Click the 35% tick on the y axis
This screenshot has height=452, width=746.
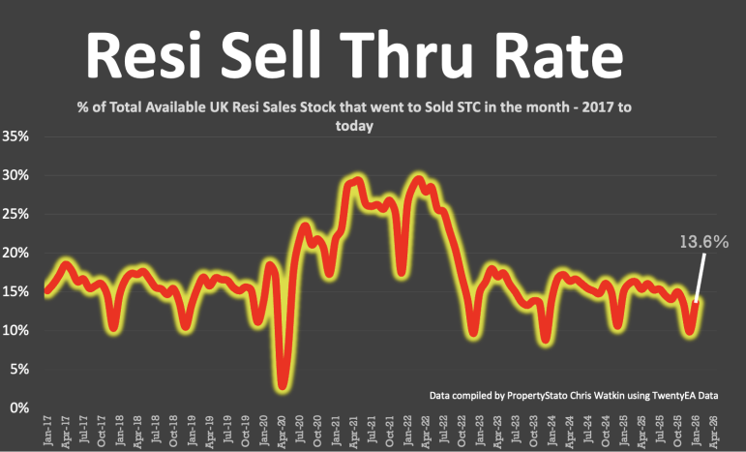pos(16,136)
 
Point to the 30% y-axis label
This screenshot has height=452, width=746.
pos(16,175)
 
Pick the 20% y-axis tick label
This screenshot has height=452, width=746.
pos(16,253)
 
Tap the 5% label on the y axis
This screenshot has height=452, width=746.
pos(19,369)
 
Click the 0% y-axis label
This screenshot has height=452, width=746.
pos(19,407)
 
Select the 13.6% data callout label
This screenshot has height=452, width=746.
pos(702,242)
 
